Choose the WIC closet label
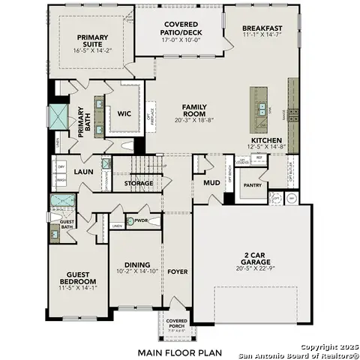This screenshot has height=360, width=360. coord(124,114)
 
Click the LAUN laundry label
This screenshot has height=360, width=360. coord(82,172)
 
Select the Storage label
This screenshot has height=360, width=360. coord(139,183)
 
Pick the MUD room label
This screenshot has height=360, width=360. coord(211,181)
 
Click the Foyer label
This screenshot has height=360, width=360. coord(178,271)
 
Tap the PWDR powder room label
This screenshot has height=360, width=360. coord(140,220)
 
